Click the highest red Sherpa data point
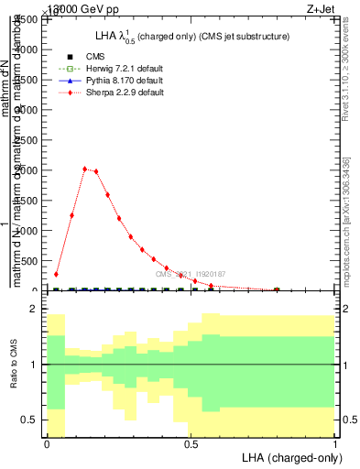click(84, 169)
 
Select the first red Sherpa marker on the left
click(56, 274)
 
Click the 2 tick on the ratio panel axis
click(34, 310)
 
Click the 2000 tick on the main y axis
click(29, 170)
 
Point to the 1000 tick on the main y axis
click(29, 231)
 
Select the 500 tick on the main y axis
click(32, 261)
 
